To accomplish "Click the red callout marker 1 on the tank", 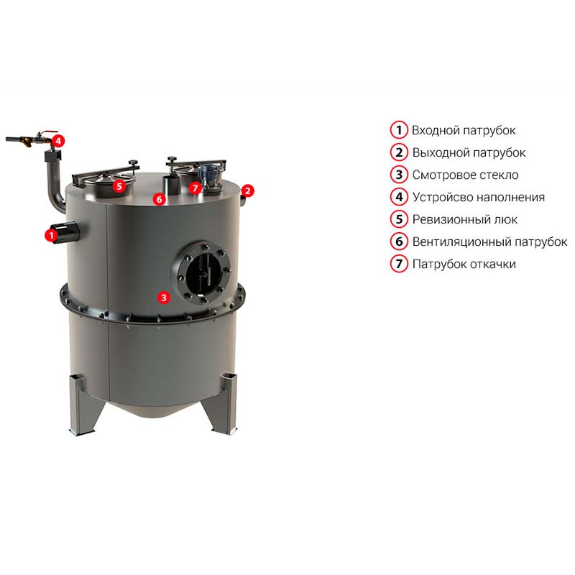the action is click(51, 236).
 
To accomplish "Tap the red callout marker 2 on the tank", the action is click(247, 190).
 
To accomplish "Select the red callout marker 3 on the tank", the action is click(164, 298).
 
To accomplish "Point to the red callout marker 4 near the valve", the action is click(58, 141).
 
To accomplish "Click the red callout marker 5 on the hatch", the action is click(119, 186).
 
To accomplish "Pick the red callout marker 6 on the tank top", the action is click(159, 199).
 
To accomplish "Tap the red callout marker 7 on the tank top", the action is click(195, 188).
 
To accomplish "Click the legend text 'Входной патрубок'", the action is click(464, 131).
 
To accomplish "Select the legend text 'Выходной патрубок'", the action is click(469, 152).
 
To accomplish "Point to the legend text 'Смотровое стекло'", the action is click(465, 175).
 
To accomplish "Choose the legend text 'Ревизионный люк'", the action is click(464, 219).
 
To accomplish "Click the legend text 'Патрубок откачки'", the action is click(464, 264).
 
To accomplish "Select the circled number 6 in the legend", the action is click(399, 241).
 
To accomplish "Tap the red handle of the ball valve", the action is click(50, 132).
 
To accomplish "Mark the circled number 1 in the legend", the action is click(399, 130).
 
